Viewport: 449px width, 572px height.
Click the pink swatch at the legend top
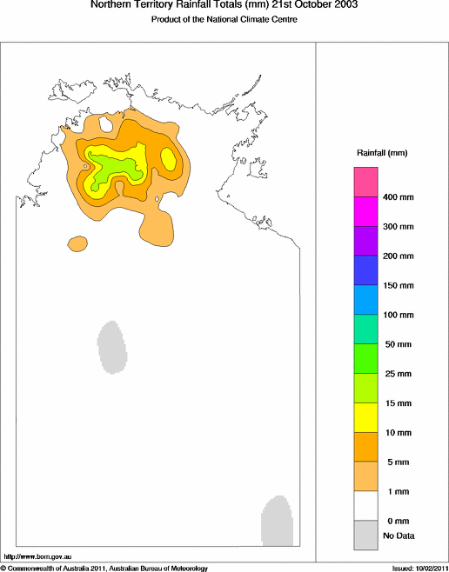point(365,183)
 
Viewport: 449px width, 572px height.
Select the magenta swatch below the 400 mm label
point(365,212)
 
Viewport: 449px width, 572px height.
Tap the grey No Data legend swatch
point(365,535)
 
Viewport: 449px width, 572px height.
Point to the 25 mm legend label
point(397,373)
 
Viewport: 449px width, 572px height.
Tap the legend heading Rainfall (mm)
point(382,153)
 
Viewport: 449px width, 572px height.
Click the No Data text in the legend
point(399,535)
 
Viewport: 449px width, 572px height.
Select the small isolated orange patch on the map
point(78,243)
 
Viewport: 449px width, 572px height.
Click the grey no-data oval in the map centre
point(112,346)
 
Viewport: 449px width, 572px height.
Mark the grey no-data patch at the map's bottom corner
point(275,520)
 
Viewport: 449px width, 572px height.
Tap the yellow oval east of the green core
point(169,159)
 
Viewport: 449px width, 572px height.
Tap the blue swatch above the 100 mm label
point(365,300)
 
